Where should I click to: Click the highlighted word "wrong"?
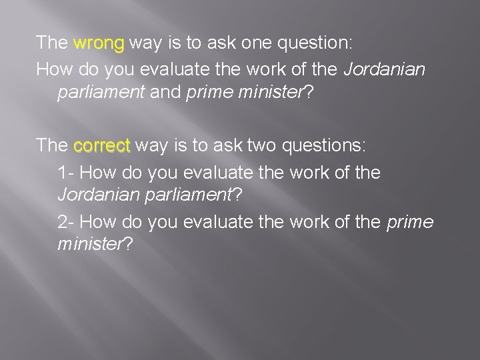coord(99,43)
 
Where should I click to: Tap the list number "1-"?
coord(67,173)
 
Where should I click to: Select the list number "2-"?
coord(67,221)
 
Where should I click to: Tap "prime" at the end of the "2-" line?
coord(409,221)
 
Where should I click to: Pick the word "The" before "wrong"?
coord(51,43)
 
